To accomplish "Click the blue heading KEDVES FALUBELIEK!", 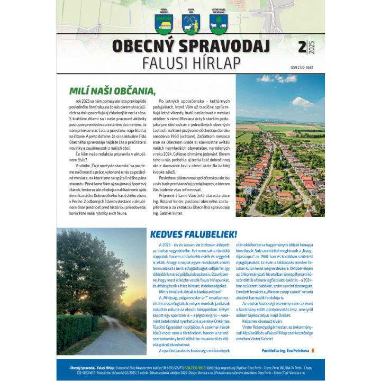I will point(193,233).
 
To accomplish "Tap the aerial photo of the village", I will point(280,153).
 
